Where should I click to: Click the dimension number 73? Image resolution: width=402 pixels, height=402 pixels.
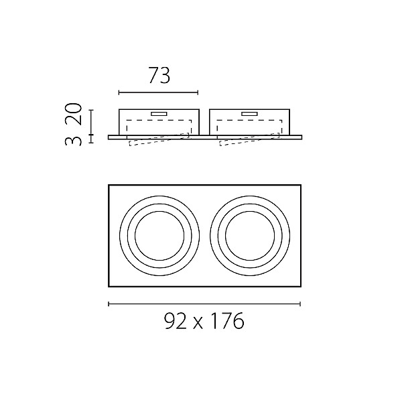[x=159, y=75]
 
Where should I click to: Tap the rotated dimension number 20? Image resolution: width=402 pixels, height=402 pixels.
[x=74, y=114]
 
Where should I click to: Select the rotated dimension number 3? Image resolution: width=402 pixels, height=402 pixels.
[x=74, y=141]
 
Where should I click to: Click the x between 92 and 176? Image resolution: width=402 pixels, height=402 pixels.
[x=197, y=324]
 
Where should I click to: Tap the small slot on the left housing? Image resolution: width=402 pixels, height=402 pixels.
[x=159, y=114]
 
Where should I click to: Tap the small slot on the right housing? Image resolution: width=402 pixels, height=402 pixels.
[x=249, y=114]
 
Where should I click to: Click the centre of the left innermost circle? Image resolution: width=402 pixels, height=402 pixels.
[x=159, y=236]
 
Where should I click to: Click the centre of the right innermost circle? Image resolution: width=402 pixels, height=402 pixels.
[x=250, y=236]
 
